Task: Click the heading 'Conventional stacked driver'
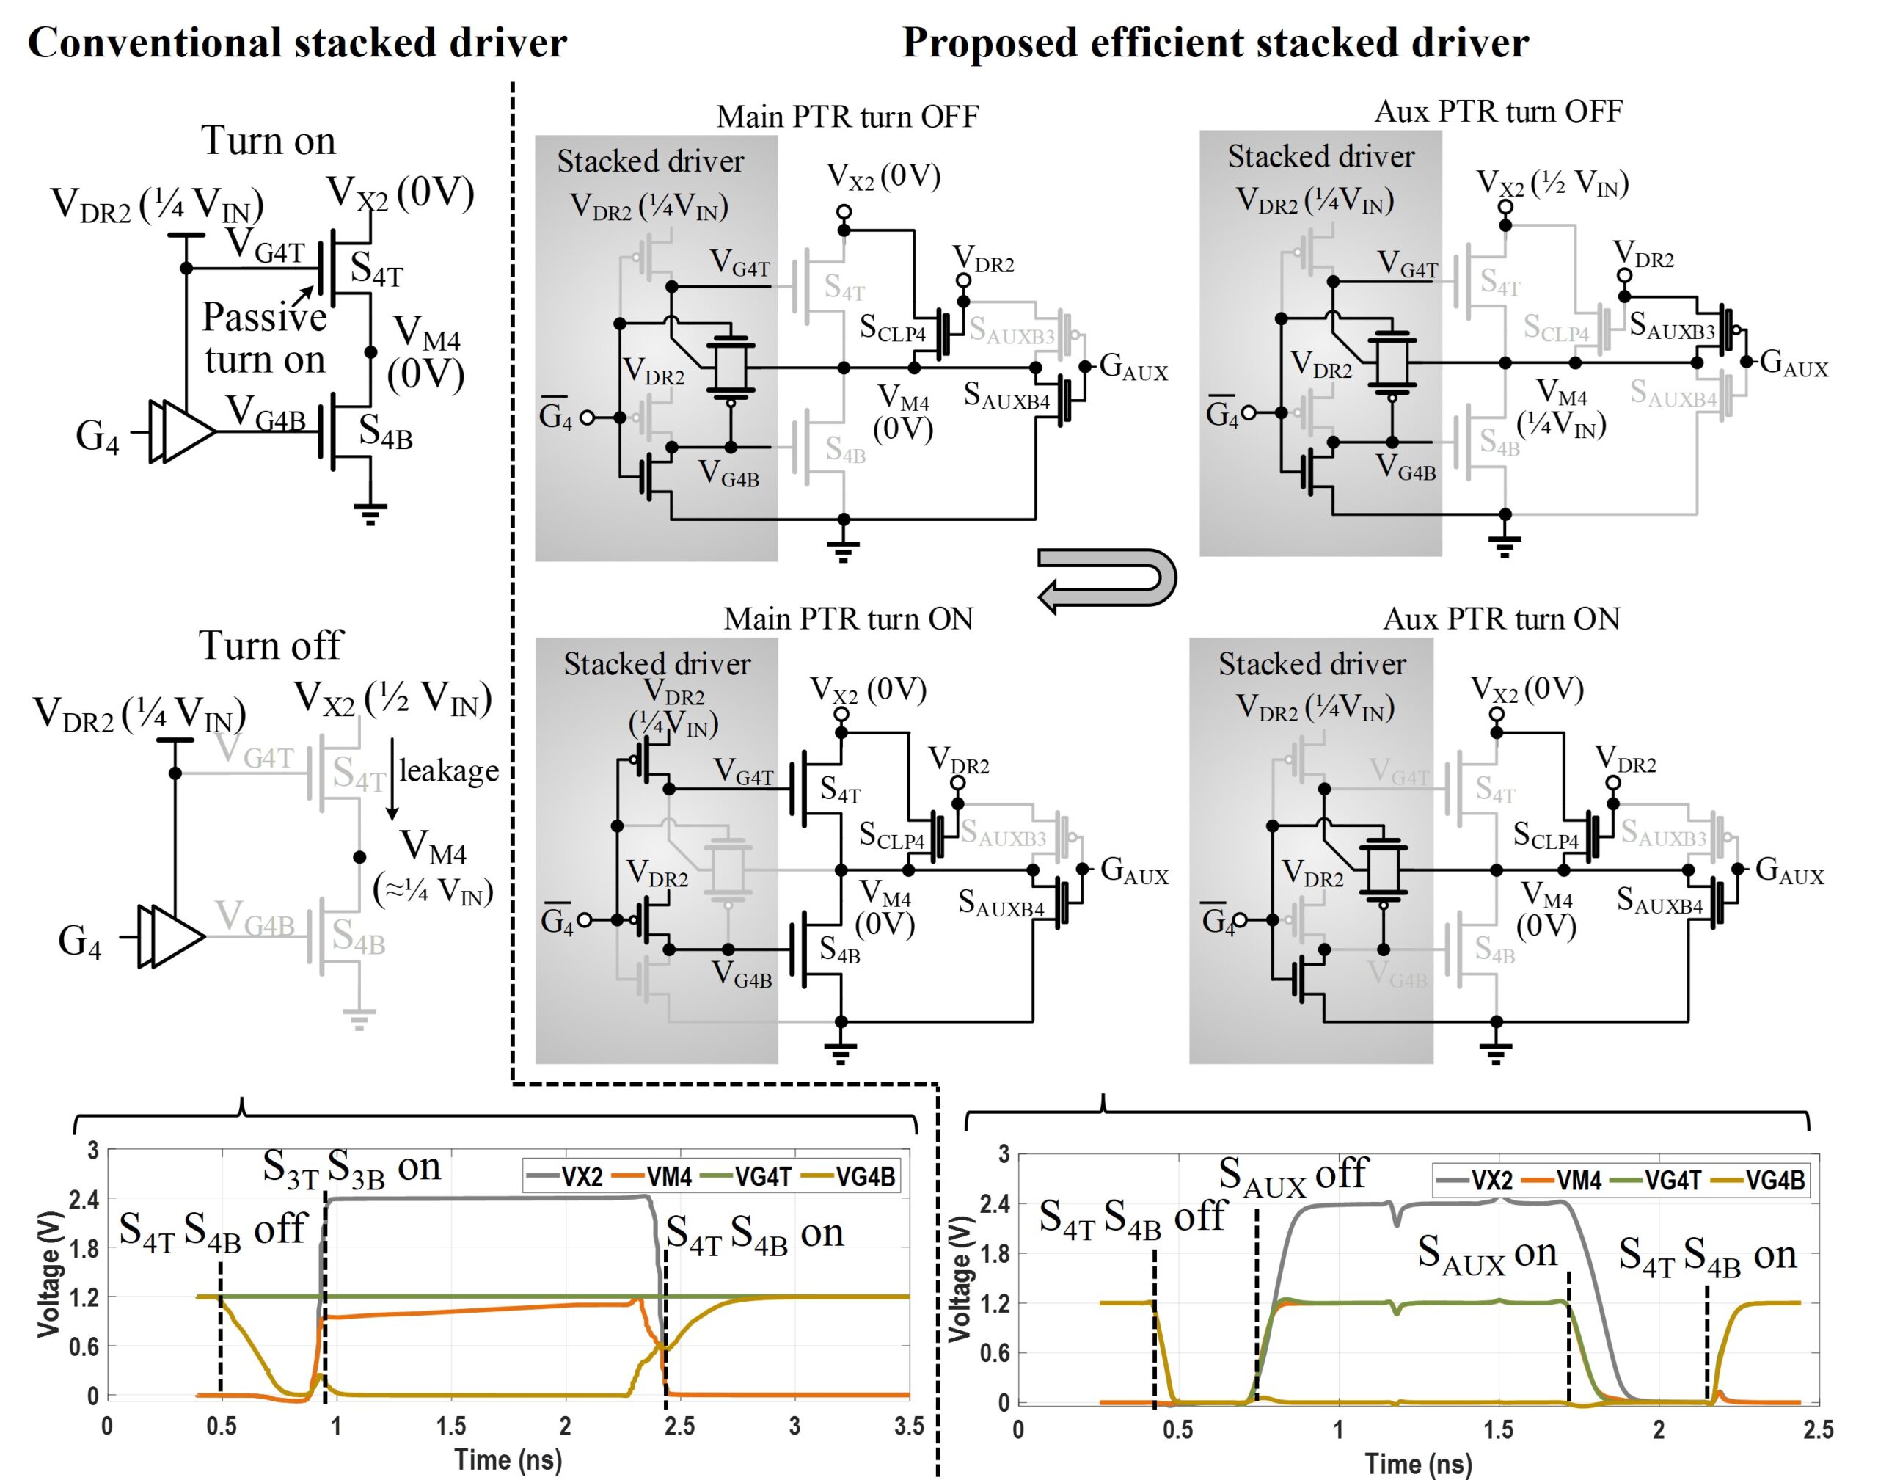point(297,43)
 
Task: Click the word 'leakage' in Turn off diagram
point(449,770)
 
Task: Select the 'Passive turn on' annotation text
point(264,338)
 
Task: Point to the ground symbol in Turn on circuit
point(370,514)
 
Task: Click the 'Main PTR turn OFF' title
point(847,116)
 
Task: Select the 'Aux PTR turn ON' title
point(1500,619)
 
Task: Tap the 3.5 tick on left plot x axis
point(909,1426)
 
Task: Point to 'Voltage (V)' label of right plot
point(959,1279)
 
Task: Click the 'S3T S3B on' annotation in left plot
point(351,1168)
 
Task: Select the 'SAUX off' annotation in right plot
point(1293,1175)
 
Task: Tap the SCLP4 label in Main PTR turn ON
point(892,835)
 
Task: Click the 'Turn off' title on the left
point(271,645)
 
